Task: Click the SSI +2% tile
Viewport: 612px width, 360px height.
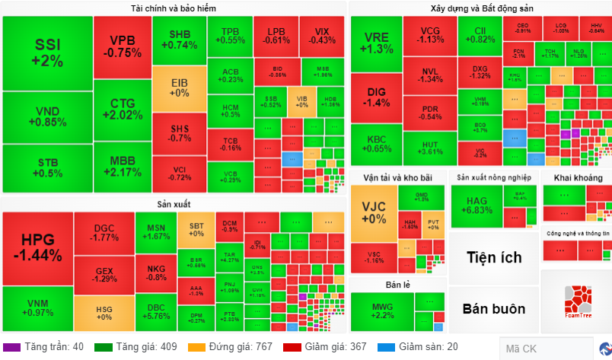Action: pos(48,53)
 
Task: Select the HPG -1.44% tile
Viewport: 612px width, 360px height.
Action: pos(37,248)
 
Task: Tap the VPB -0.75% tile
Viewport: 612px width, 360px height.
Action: pos(123,46)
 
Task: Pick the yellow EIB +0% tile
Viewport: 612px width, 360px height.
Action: pos(179,88)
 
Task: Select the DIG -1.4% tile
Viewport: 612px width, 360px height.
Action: pos(376,97)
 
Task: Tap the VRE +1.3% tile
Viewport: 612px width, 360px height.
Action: pos(376,43)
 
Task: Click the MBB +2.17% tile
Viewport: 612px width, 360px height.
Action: pos(123,165)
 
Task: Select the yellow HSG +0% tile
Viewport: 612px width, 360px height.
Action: pos(104,313)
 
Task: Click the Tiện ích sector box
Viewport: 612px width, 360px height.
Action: pos(494,258)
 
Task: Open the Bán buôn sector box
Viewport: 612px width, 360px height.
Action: pos(494,308)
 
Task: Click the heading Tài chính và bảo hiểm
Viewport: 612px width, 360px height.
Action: pos(174,8)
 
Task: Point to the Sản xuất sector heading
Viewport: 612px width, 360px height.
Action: pos(174,204)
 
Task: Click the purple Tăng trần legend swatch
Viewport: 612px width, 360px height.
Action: pos(11,347)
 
